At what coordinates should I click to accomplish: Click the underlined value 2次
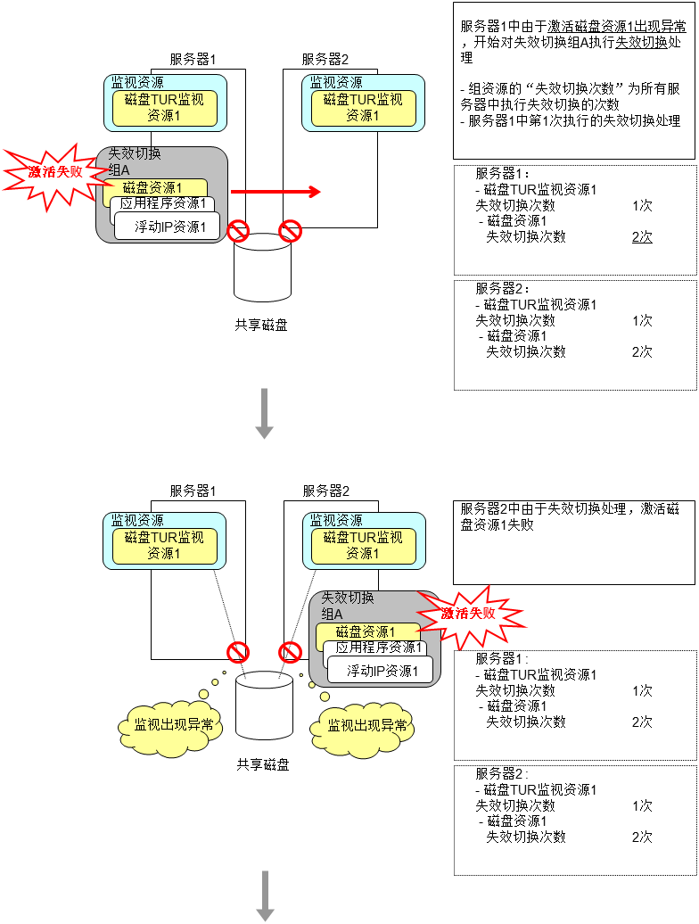pyautogui.click(x=642, y=237)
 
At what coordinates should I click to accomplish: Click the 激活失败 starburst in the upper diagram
pyautogui.click(x=54, y=172)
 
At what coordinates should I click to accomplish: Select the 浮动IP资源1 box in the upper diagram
pyautogui.click(x=169, y=227)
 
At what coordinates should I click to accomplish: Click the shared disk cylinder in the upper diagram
pyautogui.click(x=262, y=268)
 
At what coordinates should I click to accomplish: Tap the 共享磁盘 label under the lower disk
pyautogui.click(x=263, y=764)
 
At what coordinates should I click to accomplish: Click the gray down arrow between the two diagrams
pyautogui.click(x=264, y=413)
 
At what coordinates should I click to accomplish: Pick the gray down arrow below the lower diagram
pyautogui.click(x=265, y=895)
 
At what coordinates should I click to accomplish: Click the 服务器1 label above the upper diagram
pyautogui.click(x=193, y=60)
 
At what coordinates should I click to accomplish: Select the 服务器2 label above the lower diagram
pyautogui.click(x=325, y=491)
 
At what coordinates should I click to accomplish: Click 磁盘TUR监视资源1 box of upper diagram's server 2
pyautogui.click(x=363, y=107)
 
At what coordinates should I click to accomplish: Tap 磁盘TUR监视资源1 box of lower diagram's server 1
pyautogui.click(x=163, y=546)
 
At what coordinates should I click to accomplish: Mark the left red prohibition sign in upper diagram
pyautogui.click(x=237, y=232)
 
